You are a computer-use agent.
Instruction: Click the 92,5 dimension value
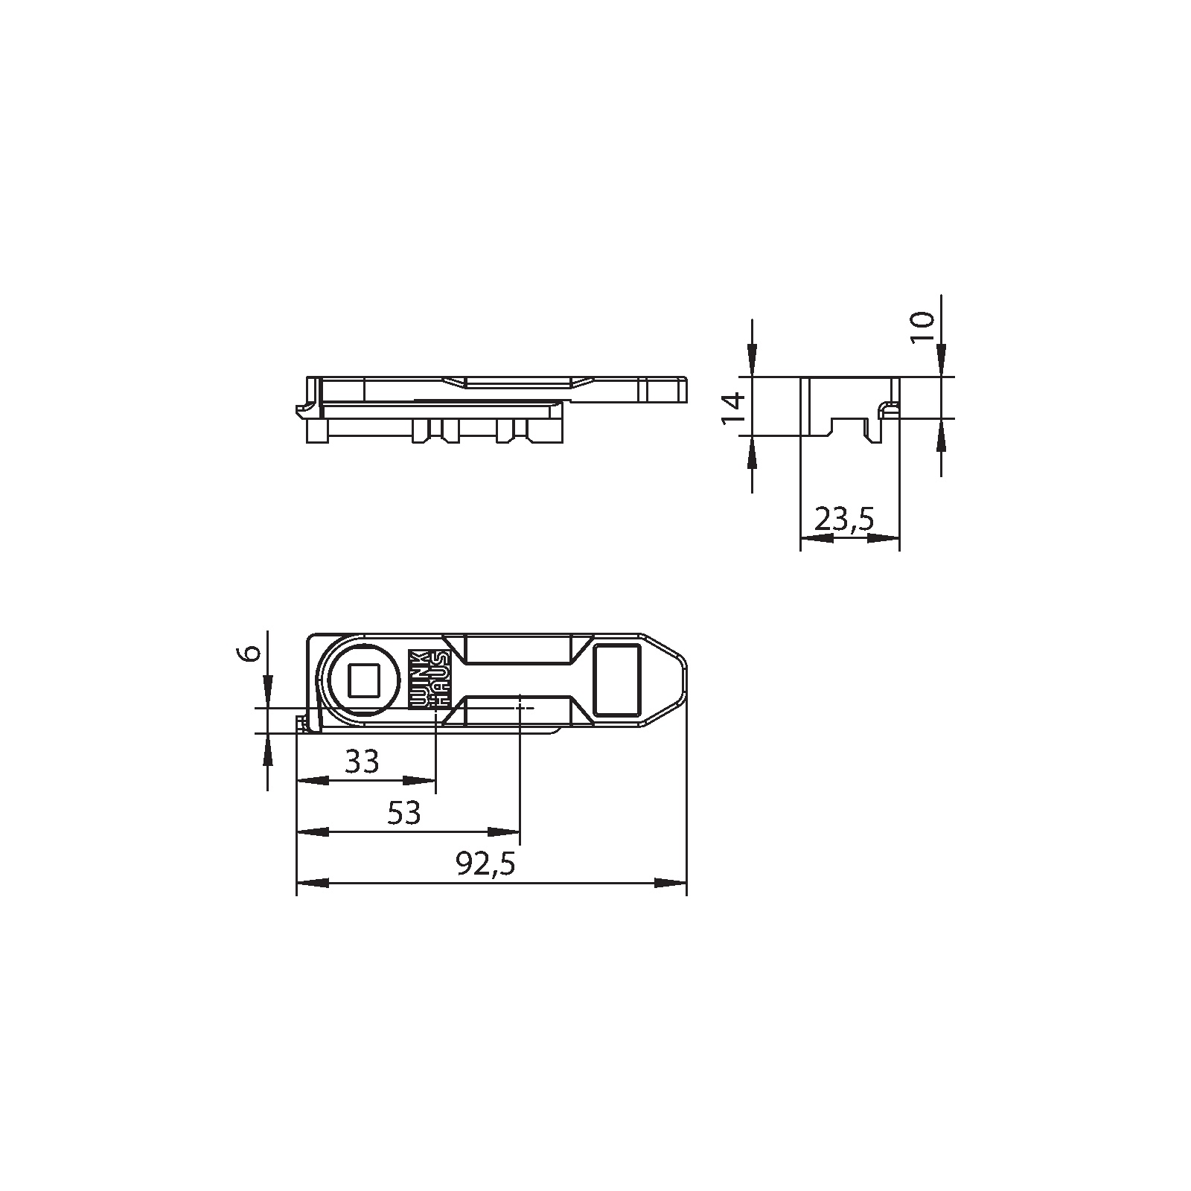pos(486,864)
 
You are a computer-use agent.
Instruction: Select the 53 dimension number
pos(404,812)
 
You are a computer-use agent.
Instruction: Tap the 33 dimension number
pos(363,761)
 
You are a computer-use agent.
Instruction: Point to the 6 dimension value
pos(252,653)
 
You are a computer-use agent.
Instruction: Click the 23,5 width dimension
pos(844,519)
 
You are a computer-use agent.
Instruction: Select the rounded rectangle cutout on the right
pos(617,680)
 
